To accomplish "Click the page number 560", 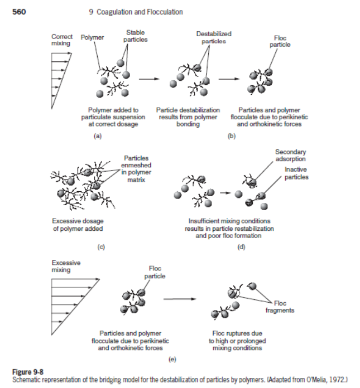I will pos(18,11).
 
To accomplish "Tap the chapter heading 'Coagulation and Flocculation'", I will pos(136,12).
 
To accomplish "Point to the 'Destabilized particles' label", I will pos(214,37).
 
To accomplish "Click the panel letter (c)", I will pos(101,246).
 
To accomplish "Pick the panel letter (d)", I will pos(241,246).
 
